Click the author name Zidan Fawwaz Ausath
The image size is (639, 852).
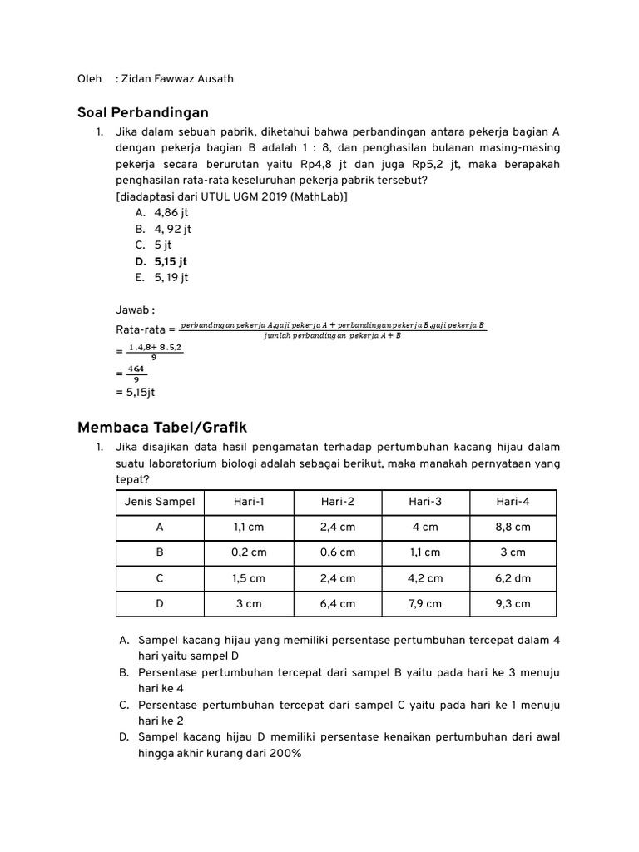coord(177,79)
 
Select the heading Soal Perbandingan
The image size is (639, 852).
coord(142,112)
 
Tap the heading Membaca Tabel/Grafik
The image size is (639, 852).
coord(162,427)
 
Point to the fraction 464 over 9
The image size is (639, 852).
coord(136,374)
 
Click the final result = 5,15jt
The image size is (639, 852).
coord(136,391)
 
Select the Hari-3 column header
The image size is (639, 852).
coord(425,502)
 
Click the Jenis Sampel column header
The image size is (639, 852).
coord(160,502)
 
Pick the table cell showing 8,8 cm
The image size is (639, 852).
coord(513,528)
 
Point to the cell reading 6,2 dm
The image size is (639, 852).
coord(513,578)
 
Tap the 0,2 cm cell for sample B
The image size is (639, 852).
coord(249,552)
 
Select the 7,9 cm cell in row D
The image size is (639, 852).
coord(425,604)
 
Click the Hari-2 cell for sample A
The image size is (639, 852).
coord(338,528)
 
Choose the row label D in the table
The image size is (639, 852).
coord(160,604)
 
